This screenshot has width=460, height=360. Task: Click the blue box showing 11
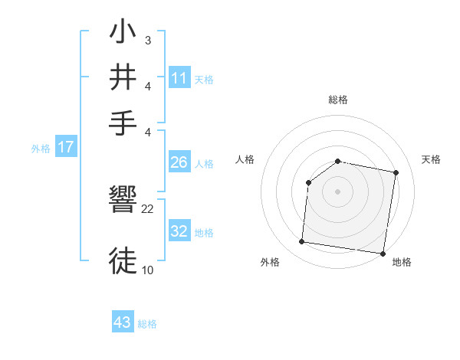coord(179,78)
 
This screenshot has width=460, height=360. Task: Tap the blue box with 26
coord(179,162)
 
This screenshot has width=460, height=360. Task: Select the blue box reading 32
coord(179,231)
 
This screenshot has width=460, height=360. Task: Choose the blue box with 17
coord(66,147)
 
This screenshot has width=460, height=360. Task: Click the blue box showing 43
coord(123,322)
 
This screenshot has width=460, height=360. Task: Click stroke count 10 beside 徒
coord(148,269)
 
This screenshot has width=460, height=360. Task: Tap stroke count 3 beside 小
coord(147,40)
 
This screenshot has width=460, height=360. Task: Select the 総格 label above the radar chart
coord(338,100)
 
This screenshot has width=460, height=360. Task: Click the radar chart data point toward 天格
coord(396,173)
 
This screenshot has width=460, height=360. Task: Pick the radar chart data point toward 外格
coord(301,242)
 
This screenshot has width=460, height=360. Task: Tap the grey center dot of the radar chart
coord(338,191)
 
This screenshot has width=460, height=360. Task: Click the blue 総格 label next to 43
coord(147,324)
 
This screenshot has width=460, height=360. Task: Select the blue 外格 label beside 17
coord(40,149)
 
